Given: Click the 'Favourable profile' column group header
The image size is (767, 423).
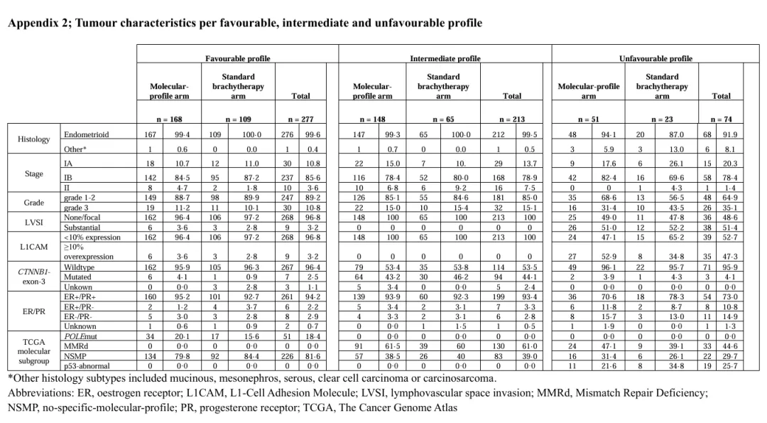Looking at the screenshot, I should [237, 58].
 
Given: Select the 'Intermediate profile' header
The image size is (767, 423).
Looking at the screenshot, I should [445, 58].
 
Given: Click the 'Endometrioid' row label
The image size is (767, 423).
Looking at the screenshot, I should [86, 134].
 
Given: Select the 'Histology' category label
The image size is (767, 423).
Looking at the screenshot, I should [35, 140].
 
